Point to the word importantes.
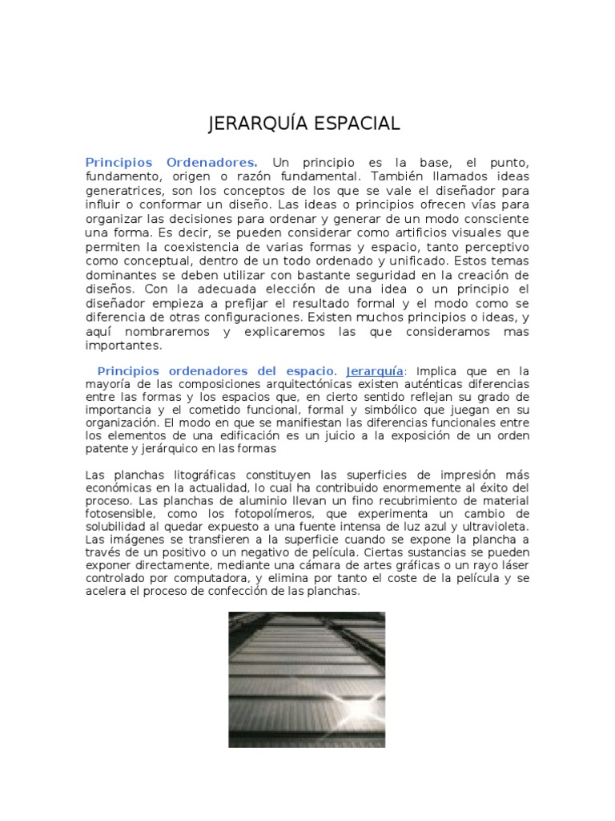[124, 346]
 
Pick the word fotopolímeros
[275, 513]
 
